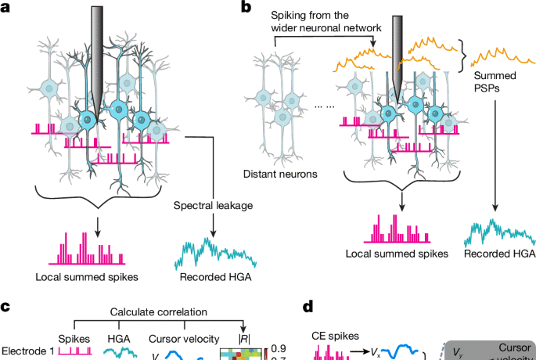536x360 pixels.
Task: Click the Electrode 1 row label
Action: (x=27, y=351)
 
